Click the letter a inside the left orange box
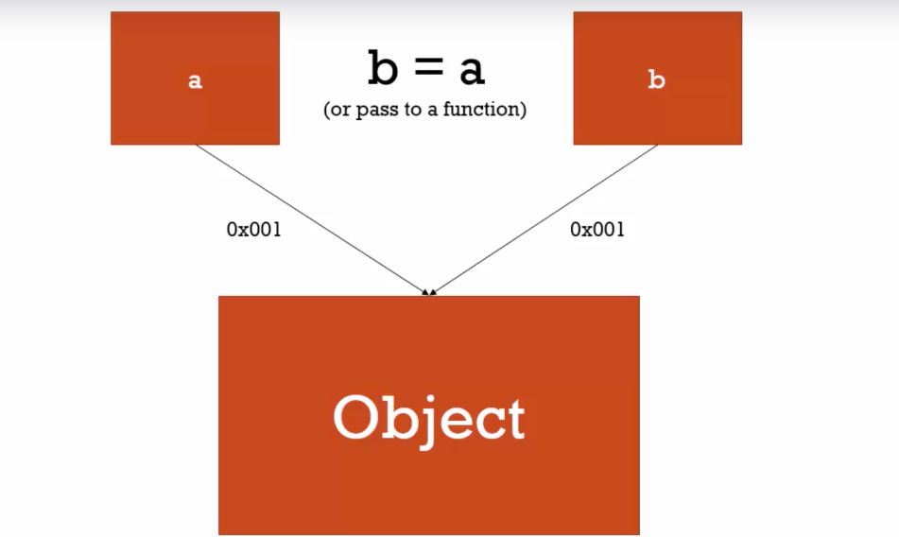[195, 80]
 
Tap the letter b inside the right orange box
[656, 80]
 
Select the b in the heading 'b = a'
[382, 69]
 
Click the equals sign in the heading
[427, 71]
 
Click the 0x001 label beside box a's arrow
[254, 230]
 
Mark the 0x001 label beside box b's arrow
[597, 230]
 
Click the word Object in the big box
[429, 419]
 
